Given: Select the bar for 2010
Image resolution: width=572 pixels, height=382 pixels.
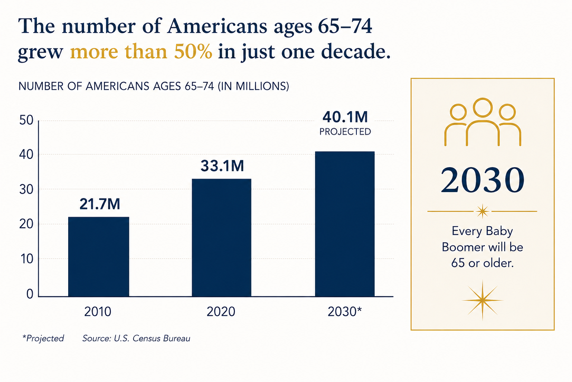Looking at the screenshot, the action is pos(99,257).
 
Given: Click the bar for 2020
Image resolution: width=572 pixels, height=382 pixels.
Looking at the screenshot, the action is pos(222,238).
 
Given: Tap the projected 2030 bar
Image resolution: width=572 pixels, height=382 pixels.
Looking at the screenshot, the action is pos(345,224).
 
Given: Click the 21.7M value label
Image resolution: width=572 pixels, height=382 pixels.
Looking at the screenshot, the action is pos(99,204).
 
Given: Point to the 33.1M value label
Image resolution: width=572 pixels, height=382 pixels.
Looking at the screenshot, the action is pos(222,166).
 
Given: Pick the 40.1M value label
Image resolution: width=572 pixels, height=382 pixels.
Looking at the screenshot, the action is pos(345,117).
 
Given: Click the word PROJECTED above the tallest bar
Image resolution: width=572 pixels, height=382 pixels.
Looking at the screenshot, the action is pos(345,132).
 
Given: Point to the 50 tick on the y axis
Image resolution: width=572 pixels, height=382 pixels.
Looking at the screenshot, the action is pos(26,120).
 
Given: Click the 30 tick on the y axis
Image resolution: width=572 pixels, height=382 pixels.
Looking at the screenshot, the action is pos(26,190).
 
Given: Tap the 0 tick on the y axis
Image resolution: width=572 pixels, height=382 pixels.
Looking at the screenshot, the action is pos(30,294).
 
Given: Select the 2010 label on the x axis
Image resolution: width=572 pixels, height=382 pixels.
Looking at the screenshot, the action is pos(98,311).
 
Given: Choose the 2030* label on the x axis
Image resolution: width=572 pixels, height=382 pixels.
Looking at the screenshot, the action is pos(345,311).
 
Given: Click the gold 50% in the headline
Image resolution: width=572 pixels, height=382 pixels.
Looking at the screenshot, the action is pos(193,51).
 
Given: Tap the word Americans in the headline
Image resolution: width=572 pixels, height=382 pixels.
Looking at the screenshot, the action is pos(217,26).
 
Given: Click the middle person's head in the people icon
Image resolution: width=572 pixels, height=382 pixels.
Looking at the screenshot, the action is pos(482,107).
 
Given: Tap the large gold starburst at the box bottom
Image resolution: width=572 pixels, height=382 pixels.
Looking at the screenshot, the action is pos(482,300).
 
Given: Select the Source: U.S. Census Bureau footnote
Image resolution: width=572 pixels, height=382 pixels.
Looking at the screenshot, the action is pos(136,338).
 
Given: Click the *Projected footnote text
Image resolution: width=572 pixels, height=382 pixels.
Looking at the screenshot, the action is pos(43,338).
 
